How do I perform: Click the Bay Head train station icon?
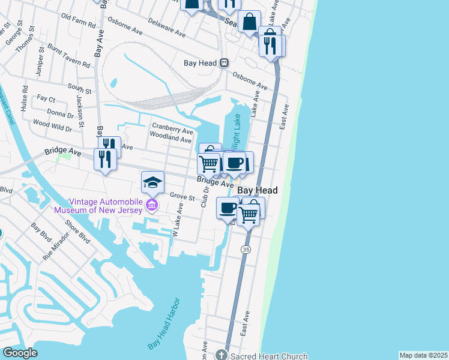coord(224,62)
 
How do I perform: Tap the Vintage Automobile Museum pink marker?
coord(151,207)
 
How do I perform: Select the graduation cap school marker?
coord(152,182)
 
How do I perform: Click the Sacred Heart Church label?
coord(269,356)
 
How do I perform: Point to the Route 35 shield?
coord(246,248)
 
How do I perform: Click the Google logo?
coord(20,353)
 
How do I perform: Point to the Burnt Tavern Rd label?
coord(67,58)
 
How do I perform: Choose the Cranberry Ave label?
coord(172,127)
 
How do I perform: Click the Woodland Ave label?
coord(170,138)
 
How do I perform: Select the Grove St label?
coord(182,197)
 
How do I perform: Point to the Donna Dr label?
coord(60,113)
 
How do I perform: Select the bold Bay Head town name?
coord(258,190)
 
